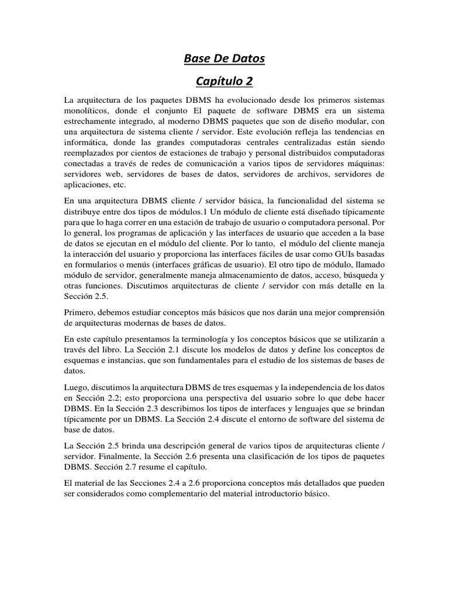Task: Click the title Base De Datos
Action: pyautogui.click(x=224, y=58)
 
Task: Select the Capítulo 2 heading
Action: pyautogui.click(x=224, y=81)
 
